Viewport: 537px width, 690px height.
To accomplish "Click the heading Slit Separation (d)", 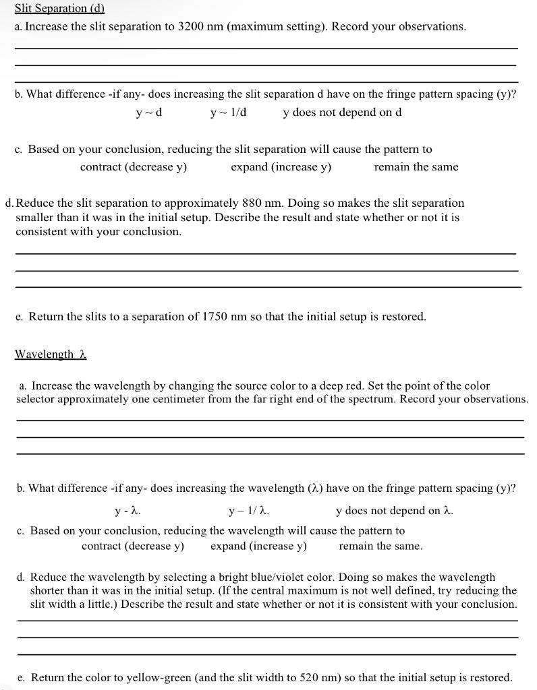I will point(59,9).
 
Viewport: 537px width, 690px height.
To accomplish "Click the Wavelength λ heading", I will point(51,354).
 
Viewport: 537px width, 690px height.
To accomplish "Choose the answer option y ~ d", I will point(148,112).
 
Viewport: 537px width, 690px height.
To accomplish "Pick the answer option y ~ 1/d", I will point(228,112).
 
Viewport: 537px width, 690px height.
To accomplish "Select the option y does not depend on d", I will point(342,112).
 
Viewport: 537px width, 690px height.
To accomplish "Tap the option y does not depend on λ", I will point(394,511).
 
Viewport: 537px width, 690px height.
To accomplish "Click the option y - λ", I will point(128,511).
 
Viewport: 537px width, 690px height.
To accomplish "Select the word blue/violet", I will point(301,577).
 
